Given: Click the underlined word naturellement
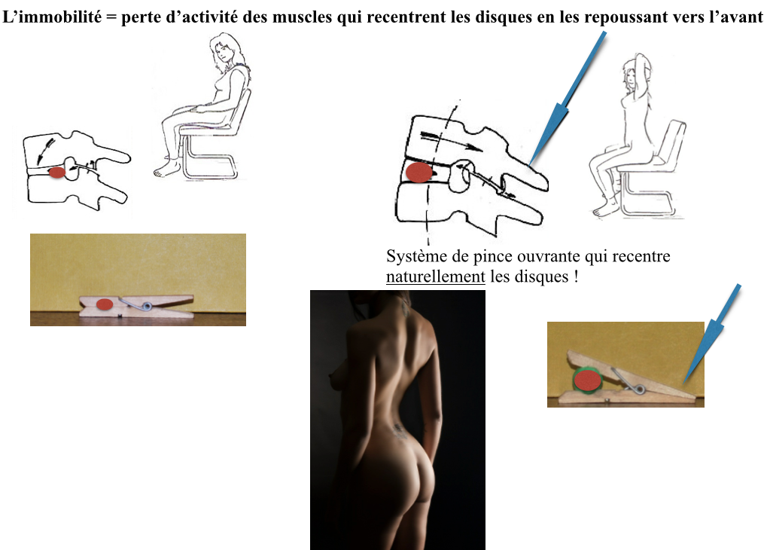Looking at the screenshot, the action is tap(435, 277).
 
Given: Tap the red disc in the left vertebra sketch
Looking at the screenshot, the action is tap(57, 173).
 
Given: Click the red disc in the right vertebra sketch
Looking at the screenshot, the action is tap(419, 173).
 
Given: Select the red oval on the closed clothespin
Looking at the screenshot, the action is tap(104, 304).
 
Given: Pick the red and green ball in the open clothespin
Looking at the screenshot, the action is tap(587, 380).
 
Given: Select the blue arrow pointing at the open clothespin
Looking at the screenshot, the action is tap(712, 333).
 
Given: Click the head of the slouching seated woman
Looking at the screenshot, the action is tap(226, 48).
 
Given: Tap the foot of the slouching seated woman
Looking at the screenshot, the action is tap(166, 169).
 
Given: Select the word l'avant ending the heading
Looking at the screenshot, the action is tap(735, 17).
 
